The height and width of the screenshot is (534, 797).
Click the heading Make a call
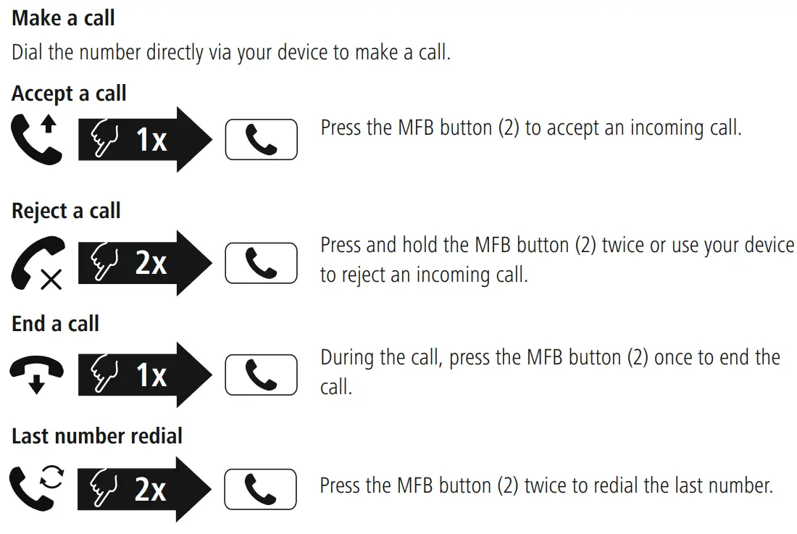tap(63, 18)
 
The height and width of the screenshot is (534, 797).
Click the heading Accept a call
tap(69, 93)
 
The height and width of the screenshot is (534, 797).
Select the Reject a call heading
tap(66, 211)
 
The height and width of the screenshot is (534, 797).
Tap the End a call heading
tap(55, 324)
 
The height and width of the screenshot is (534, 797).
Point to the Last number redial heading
tap(97, 436)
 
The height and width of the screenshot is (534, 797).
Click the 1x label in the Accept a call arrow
tap(151, 139)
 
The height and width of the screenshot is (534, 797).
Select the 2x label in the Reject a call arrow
tap(151, 263)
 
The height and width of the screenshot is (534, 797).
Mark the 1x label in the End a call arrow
tap(151, 375)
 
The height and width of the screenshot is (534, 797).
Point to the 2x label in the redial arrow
tap(150, 490)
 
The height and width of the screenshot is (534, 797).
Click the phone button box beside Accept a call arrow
tap(261, 139)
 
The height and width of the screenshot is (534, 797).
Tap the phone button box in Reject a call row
tap(261, 263)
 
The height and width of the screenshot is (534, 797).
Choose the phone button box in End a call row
tap(261, 375)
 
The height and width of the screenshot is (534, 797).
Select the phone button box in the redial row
tap(260, 489)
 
